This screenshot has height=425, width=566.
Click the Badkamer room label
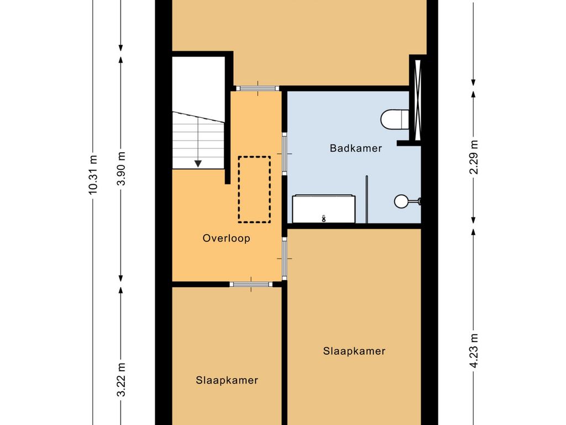coord(355,148)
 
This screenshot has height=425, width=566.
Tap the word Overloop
coord(226,239)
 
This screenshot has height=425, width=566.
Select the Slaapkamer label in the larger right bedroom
coord(354,351)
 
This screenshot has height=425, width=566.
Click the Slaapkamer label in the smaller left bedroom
coord(227,380)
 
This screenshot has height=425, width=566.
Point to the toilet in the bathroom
coord(395,118)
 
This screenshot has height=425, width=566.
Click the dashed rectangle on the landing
coord(254,189)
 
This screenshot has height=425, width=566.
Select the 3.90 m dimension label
coord(122,168)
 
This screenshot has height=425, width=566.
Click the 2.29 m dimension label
coord(474,158)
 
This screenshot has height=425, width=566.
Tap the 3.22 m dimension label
coord(122,380)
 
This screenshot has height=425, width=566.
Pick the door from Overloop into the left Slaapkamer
coord(251,284)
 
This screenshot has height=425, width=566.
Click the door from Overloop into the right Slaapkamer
coord(285,258)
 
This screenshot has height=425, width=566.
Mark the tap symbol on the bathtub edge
coord(323,218)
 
